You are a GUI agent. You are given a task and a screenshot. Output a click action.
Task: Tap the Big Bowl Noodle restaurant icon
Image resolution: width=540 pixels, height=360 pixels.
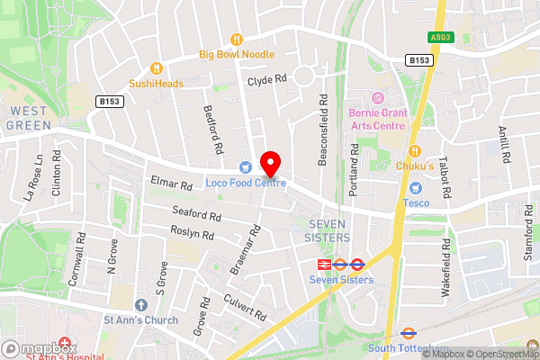(237, 39)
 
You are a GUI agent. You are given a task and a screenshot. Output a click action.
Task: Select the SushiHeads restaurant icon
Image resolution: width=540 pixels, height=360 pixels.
(156, 67)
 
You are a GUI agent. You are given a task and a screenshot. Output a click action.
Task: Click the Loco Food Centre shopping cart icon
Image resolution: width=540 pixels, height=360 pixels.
(245, 167)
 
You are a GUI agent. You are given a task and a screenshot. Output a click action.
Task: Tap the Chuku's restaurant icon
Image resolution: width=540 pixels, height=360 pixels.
(415, 150)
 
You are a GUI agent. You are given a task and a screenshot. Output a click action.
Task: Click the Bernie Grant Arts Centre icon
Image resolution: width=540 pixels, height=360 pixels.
(377, 97)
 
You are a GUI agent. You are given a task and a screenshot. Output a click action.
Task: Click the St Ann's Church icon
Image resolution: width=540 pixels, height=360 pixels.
(140, 305)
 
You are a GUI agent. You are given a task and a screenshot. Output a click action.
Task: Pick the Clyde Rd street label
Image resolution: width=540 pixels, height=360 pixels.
(266, 80)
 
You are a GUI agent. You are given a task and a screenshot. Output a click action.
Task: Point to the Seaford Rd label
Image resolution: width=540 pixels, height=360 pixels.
(196, 215)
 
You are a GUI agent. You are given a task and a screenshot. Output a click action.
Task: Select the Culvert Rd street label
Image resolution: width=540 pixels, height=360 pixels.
(247, 310)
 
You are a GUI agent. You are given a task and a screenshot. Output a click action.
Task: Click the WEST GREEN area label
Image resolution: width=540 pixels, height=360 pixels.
(29, 118)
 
